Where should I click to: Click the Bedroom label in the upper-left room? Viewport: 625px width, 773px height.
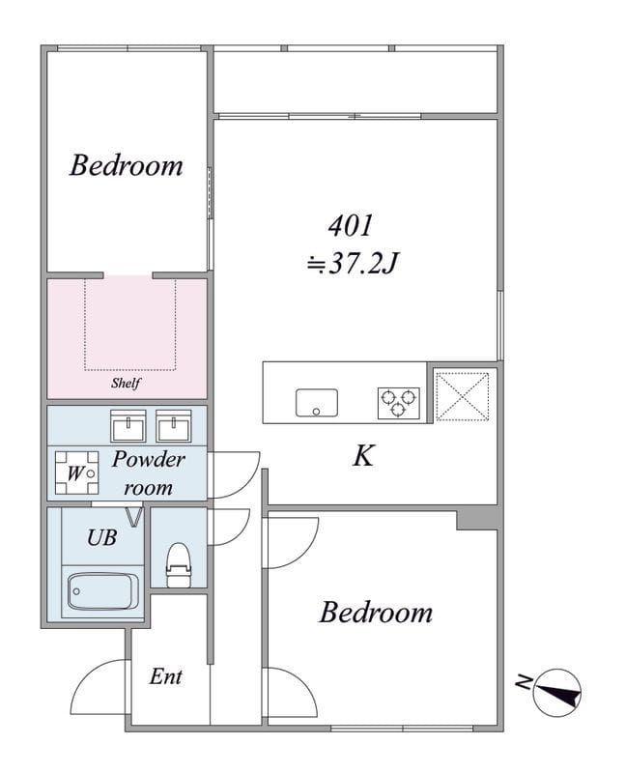coord(126,165)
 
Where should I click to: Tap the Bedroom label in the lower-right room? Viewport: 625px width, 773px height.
coord(376,612)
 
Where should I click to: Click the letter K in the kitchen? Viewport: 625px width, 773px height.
coord(363,456)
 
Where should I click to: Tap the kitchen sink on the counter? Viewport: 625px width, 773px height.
coord(316,402)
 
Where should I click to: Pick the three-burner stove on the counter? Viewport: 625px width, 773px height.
coord(398,401)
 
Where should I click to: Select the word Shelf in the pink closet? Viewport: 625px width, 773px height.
coord(126,383)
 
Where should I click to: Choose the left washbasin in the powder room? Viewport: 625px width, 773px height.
coord(128,425)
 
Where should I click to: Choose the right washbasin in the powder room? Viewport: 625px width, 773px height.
coord(174,425)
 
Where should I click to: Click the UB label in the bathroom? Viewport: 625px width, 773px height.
coord(101,538)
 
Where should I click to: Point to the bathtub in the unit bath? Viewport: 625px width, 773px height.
coord(102,590)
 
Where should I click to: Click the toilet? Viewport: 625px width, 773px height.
coord(179,566)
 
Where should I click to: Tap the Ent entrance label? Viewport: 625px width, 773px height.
coord(165,676)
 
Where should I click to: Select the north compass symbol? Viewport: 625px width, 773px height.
coord(555,692)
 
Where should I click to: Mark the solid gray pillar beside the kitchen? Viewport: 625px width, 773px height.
coord(476,519)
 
